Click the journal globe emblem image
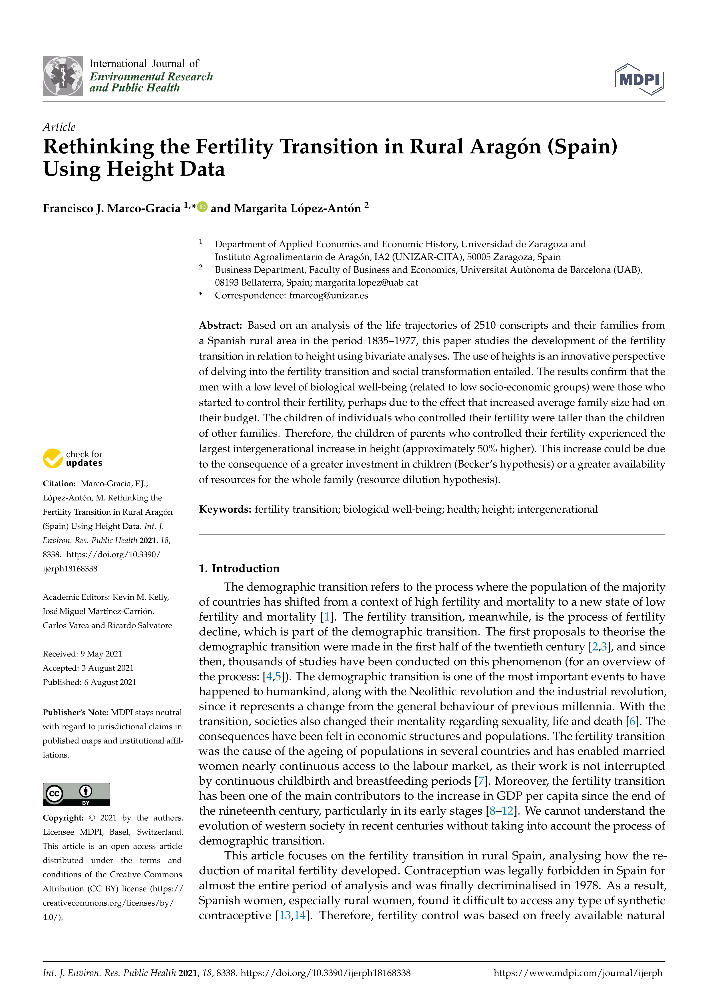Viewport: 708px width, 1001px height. click(63, 76)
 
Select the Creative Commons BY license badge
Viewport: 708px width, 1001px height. click(76, 794)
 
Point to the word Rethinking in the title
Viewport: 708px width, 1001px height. click(98, 147)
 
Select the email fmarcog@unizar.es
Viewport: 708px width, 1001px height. click(328, 296)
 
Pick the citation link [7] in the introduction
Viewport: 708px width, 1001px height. click(481, 781)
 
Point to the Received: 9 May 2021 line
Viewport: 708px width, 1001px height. click(83, 654)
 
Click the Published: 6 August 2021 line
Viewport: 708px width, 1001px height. click(89, 682)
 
